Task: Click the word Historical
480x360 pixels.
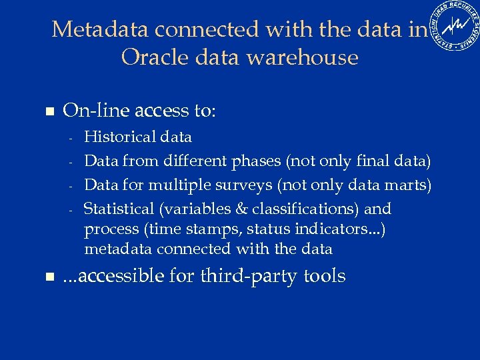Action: [120, 137]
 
